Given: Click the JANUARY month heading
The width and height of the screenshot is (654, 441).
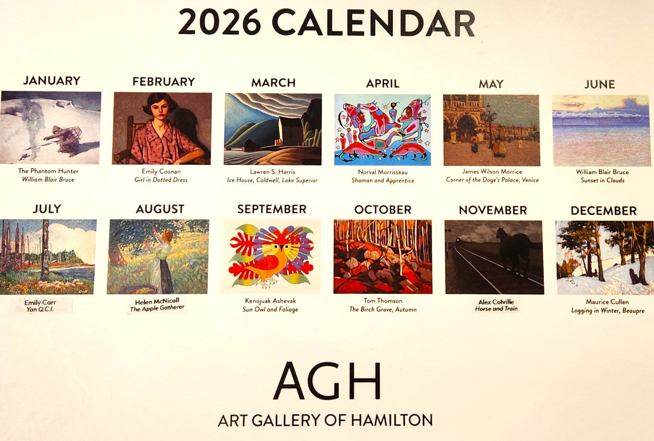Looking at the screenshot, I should (x=52, y=81).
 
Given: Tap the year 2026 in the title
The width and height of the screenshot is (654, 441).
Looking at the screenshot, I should (x=220, y=22).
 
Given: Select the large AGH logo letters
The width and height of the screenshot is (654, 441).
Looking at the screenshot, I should (x=327, y=382).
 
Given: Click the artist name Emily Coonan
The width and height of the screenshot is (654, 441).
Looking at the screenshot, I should (x=161, y=171).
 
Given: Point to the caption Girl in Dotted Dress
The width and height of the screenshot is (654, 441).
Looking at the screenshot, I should (x=161, y=180).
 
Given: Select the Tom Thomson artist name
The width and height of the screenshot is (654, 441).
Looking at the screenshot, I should (x=382, y=300).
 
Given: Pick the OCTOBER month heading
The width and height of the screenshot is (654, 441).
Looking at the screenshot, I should (x=382, y=210).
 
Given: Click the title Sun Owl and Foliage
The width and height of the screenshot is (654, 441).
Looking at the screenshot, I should (x=270, y=310).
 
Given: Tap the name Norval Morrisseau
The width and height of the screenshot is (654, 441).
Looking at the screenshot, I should (x=382, y=172).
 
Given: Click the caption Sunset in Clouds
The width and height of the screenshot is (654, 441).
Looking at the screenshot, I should (x=602, y=180).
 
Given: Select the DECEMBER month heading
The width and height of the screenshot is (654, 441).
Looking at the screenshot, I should (x=603, y=211).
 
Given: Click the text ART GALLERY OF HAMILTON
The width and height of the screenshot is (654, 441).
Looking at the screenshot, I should (x=325, y=420).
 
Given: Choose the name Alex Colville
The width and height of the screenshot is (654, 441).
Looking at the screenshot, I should (x=496, y=302).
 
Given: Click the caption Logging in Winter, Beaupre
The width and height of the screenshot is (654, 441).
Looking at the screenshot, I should (x=607, y=310).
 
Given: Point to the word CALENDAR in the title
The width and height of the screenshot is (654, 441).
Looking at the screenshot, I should (x=373, y=23).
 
